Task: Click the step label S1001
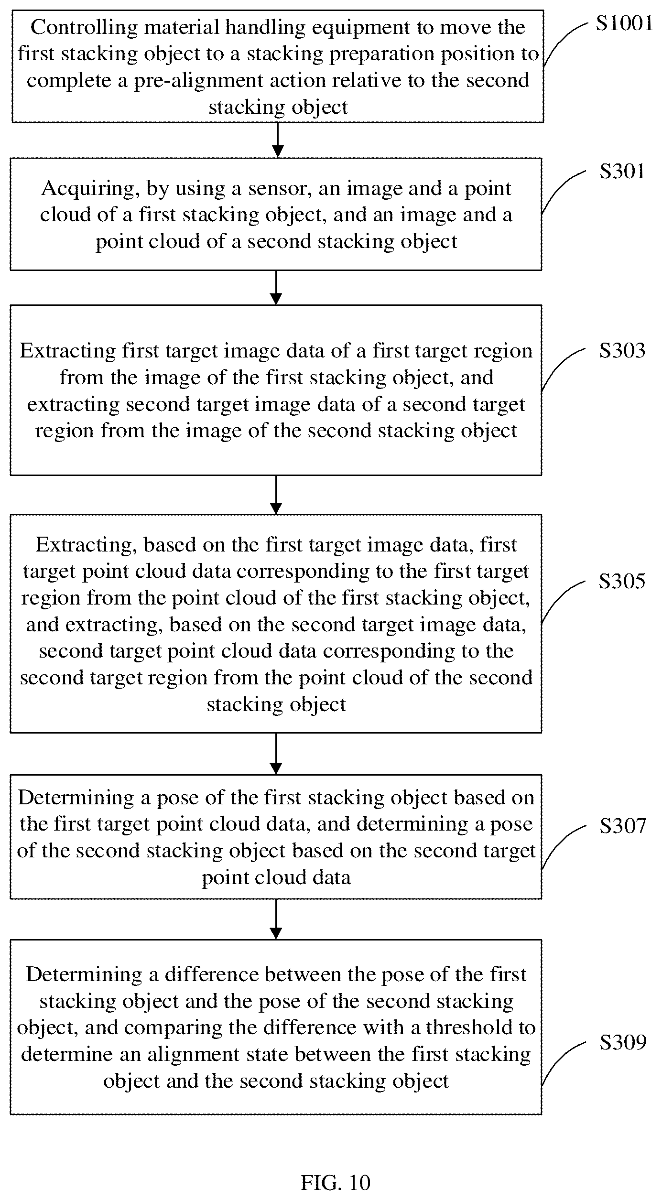click(x=624, y=23)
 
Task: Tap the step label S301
click(x=623, y=171)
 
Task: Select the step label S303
click(x=623, y=350)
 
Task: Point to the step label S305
click(x=623, y=581)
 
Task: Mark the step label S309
click(x=623, y=1042)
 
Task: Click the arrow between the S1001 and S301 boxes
click(x=277, y=140)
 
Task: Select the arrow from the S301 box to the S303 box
click(x=276, y=288)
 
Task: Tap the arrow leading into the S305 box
click(x=276, y=495)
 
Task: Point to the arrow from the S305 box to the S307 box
click(x=276, y=754)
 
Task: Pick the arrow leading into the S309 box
click(x=276, y=919)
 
